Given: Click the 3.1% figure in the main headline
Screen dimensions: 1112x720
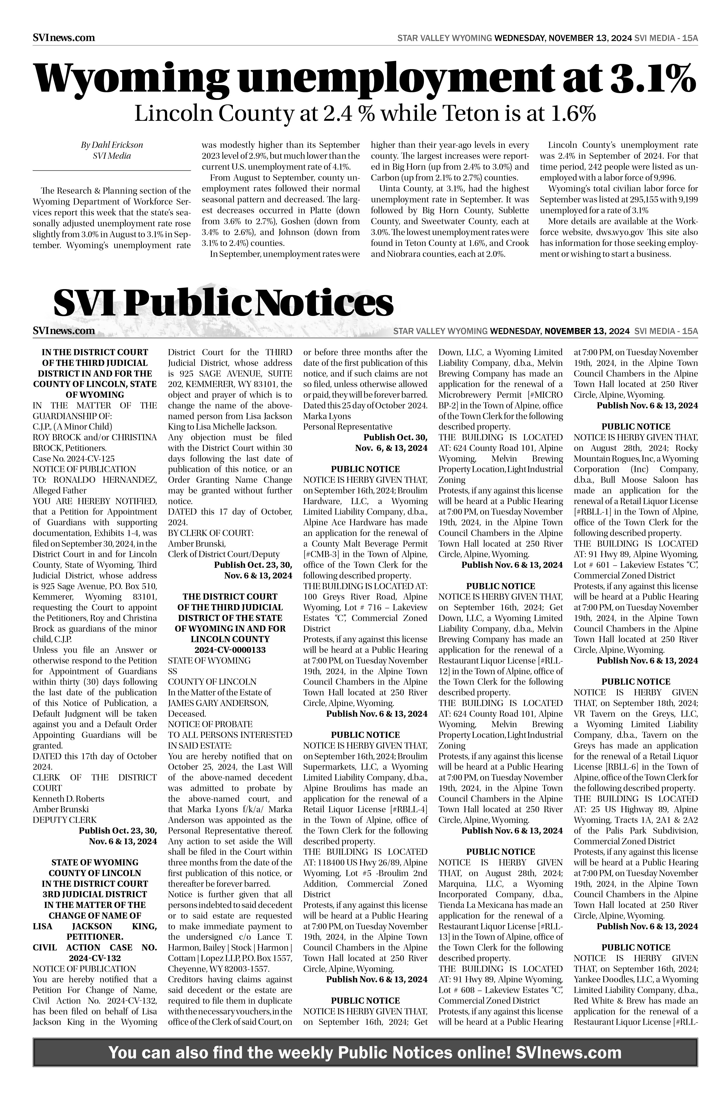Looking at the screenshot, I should pyautogui.click(x=652, y=78).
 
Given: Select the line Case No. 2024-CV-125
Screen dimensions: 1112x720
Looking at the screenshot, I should pyautogui.click(x=73, y=459).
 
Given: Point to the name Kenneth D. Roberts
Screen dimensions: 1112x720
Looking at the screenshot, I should pyautogui.click(x=69, y=798).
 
